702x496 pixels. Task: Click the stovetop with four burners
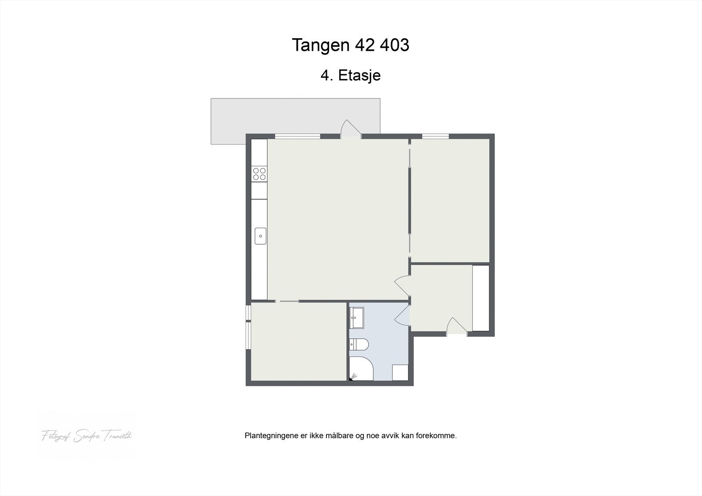tap(259, 174)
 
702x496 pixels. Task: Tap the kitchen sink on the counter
tap(260, 236)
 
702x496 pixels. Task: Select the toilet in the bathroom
tap(358, 345)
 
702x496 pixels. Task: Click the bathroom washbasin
tap(357, 318)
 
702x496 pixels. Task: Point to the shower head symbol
tap(354, 376)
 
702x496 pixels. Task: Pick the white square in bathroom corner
tap(400, 372)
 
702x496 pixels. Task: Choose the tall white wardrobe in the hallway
tap(480, 298)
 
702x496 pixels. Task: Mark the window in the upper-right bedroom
tap(435, 136)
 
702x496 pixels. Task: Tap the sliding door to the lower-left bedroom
tap(287, 301)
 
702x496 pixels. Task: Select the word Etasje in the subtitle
tap(359, 75)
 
